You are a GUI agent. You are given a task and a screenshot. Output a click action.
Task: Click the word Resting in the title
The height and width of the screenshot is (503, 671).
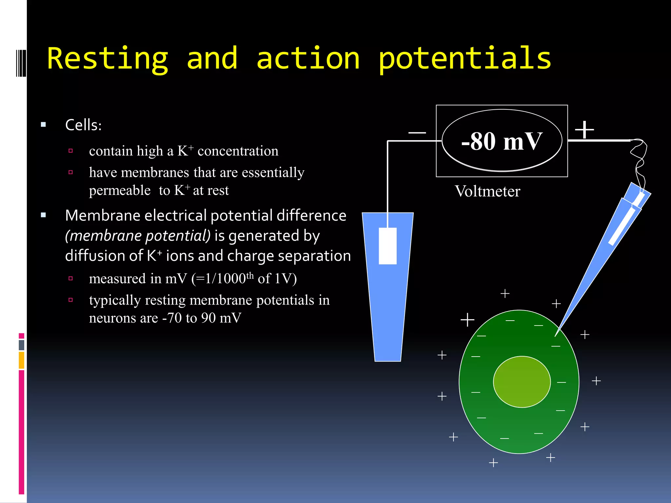tap(107, 59)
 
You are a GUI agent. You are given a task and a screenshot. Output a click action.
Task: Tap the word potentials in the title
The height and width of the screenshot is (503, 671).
tap(465, 59)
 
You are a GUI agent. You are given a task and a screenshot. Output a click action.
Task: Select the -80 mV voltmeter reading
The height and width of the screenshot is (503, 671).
tap(502, 141)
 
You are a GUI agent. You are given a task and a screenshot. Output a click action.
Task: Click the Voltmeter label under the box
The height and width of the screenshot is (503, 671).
tap(487, 191)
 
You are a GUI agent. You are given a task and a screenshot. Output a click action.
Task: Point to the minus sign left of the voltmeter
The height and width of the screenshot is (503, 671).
tap(417, 133)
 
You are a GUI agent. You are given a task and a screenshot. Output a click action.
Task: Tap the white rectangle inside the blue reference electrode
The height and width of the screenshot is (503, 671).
tap(388, 246)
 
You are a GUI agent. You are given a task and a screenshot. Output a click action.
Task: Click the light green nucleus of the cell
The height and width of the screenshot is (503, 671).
tap(522, 382)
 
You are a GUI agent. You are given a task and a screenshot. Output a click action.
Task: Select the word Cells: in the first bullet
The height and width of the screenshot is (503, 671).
tap(83, 125)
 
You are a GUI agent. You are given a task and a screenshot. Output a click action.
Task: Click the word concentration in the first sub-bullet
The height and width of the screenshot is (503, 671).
tap(238, 151)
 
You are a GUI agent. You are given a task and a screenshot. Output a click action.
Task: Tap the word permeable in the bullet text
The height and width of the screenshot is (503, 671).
tap(120, 191)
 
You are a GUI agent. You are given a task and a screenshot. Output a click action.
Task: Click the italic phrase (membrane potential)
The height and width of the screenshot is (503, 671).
tap(138, 236)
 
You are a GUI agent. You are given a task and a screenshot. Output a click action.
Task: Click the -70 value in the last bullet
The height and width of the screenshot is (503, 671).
tap(172, 318)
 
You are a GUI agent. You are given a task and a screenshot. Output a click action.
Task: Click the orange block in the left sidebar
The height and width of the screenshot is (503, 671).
tap(22, 360)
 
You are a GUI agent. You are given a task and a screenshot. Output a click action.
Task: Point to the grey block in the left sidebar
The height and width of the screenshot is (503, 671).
tap(22, 345)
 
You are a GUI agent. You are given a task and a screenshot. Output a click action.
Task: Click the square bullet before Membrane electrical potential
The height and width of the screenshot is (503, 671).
tap(44, 215)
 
